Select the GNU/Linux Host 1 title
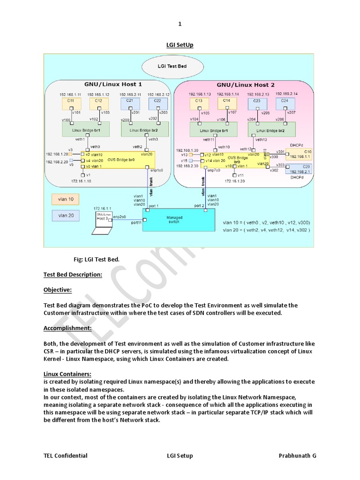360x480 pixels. coord(113,85)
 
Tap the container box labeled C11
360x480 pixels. coord(71,102)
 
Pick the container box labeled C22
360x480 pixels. coord(157,102)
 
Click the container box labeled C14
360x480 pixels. coord(227,102)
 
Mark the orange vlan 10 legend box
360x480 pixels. coord(65,199)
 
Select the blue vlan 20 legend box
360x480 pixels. coord(65,216)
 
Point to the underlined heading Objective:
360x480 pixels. coord(58,290)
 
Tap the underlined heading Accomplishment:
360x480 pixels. coord(67,328)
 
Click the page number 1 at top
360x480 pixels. coord(180,24)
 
